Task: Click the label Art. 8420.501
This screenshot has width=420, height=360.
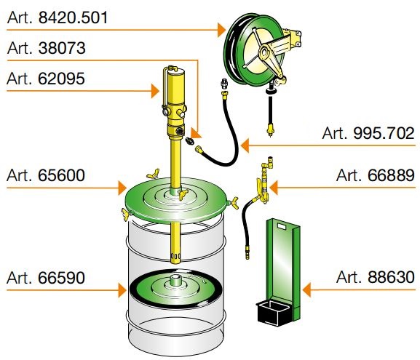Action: click(x=58, y=17)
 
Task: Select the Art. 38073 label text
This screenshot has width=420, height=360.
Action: click(x=47, y=48)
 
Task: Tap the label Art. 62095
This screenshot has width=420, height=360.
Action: click(x=46, y=79)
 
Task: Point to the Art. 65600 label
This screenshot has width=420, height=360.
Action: click(x=46, y=175)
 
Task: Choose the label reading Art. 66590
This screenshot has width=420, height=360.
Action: click(x=46, y=278)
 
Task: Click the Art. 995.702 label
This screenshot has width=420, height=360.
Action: click(x=368, y=133)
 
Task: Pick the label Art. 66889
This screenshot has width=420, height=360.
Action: click(x=376, y=175)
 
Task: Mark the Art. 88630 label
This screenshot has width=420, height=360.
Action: click(x=376, y=277)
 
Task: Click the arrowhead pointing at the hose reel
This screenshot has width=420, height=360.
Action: click(x=222, y=30)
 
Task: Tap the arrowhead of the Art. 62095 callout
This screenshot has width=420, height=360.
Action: click(x=155, y=91)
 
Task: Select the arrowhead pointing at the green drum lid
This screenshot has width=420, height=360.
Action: click(x=122, y=188)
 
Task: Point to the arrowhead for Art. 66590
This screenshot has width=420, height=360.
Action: click(x=122, y=290)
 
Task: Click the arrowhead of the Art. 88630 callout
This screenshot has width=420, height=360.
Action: click(x=306, y=289)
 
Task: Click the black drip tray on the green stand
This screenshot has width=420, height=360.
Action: click(x=273, y=313)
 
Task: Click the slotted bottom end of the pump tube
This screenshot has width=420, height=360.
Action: click(x=175, y=257)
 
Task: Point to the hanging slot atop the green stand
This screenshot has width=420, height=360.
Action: click(x=282, y=227)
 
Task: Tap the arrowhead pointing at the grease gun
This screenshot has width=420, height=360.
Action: click(x=274, y=188)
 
